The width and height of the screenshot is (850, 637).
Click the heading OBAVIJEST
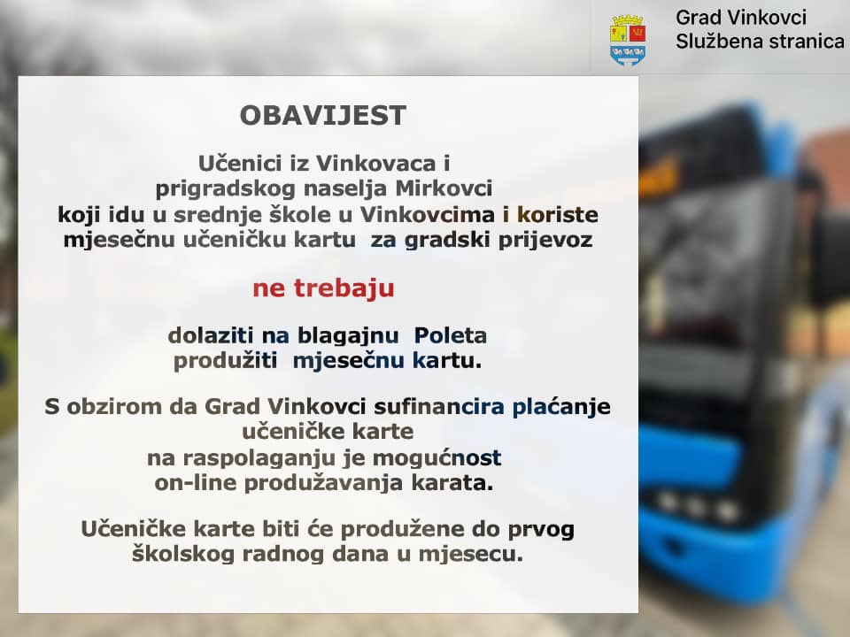(x=323, y=115)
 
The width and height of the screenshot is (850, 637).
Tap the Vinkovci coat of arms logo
(x=628, y=41)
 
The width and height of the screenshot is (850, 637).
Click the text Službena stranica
(x=760, y=42)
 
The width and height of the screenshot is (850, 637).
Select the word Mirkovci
(x=444, y=188)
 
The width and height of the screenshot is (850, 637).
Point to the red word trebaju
(x=344, y=288)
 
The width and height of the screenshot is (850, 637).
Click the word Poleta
(x=451, y=335)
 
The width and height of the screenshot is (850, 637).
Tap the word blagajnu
(x=348, y=336)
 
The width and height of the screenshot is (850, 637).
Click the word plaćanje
(x=561, y=407)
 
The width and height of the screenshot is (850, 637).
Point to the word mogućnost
(x=437, y=458)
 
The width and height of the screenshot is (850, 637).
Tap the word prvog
(x=540, y=530)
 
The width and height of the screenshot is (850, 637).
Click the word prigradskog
(x=226, y=189)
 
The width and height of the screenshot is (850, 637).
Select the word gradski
(x=447, y=240)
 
